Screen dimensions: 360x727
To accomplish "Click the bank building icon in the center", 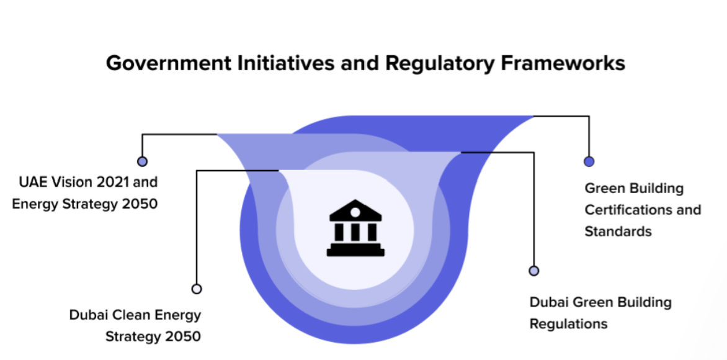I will (x=355, y=228).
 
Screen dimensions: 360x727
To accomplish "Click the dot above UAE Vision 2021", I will (x=142, y=161).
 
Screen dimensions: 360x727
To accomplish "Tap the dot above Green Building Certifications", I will (x=589, y=161).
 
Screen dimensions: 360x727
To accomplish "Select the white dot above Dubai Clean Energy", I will (x=197, y=289).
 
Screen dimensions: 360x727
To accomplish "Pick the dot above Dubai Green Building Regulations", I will (x=534, y=271).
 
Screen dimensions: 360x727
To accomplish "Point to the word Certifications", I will (x=628, y=210).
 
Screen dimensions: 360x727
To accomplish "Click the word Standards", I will (x=618, y=232).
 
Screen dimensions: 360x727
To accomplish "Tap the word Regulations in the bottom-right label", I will (x=568, y=324).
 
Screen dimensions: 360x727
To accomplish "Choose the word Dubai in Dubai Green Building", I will (x=548, y=302).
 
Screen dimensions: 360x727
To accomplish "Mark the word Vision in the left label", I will (x=70, y=182).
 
